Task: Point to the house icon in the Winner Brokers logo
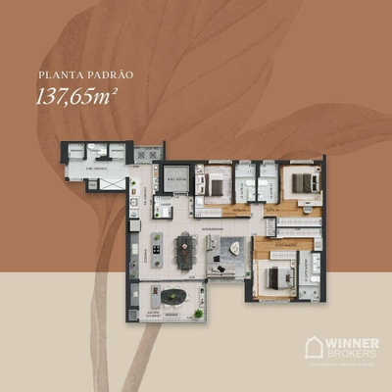coord(315,348)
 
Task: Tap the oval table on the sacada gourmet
coord(173,295)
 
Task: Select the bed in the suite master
coord(275,277)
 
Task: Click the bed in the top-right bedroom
coord(302,183)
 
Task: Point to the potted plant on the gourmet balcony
coord(200,313)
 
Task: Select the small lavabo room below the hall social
coord(166,210)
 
